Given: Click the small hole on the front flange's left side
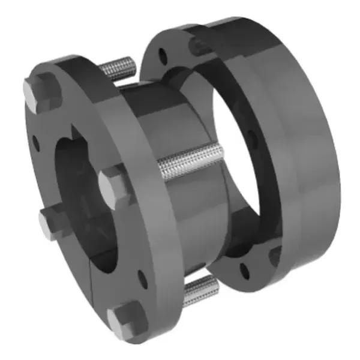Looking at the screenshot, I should (x=37, y=142).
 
